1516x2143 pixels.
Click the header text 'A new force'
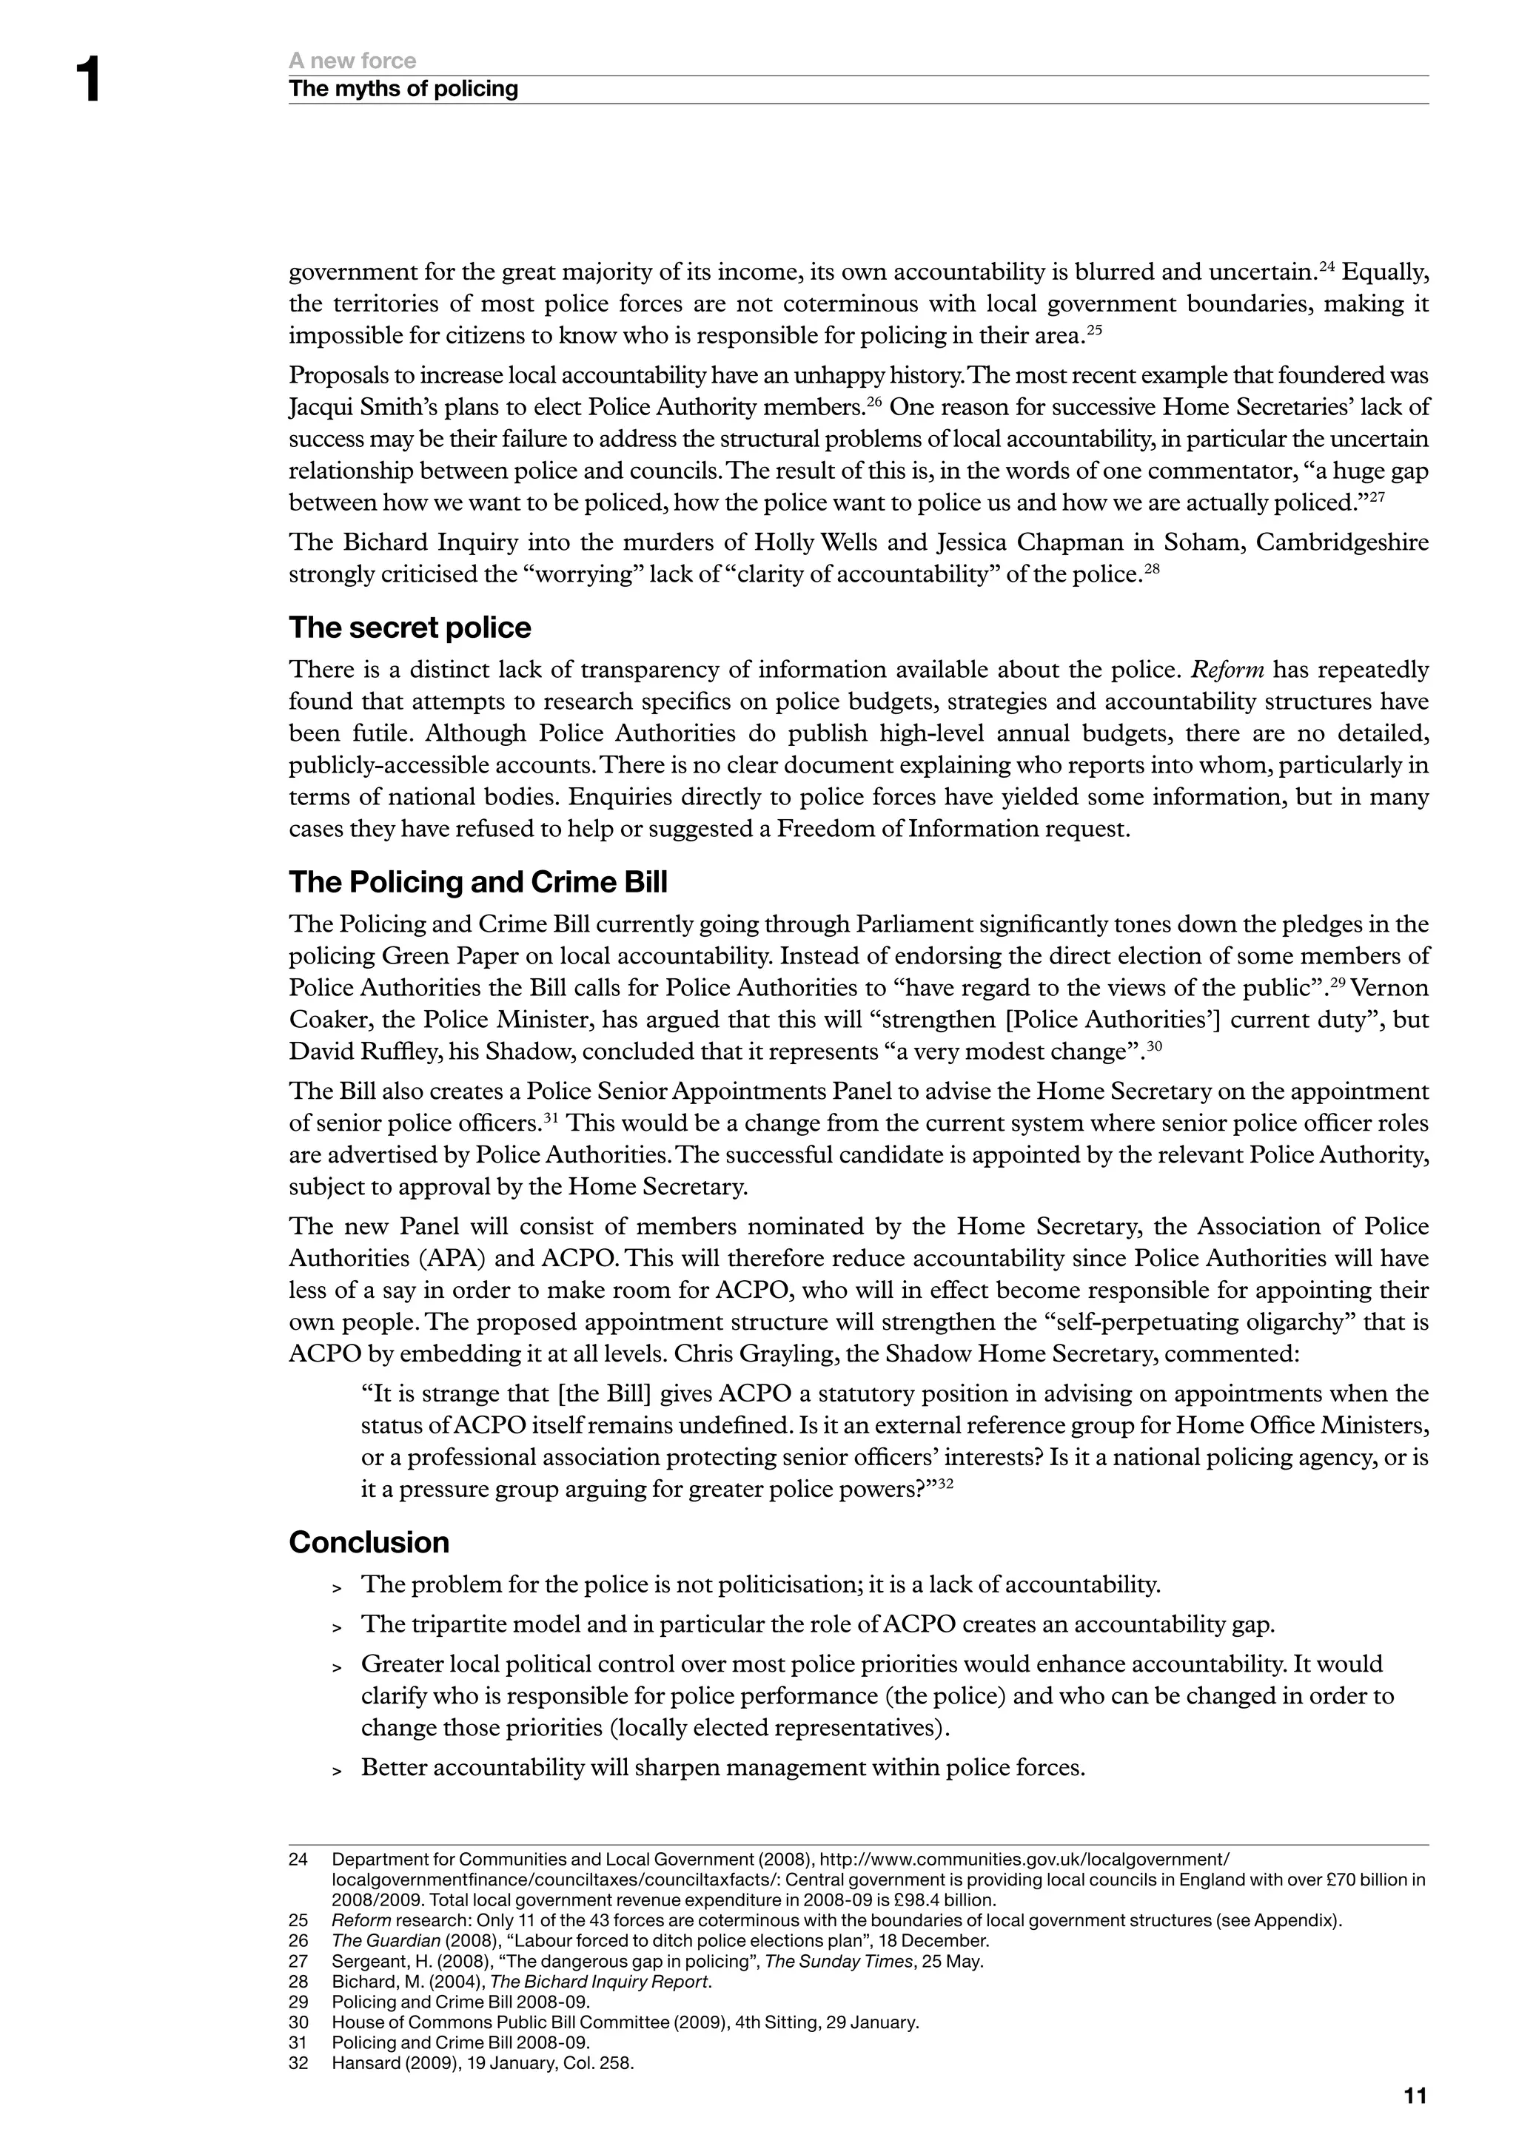click(352, 61)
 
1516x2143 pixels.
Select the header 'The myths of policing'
click(403, 89)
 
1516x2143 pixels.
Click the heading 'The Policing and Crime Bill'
click(478, 882)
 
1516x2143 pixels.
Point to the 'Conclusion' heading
click(369, 1542)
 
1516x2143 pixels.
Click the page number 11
click(1415, 2096)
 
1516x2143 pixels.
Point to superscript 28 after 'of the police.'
click(1151, 568)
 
